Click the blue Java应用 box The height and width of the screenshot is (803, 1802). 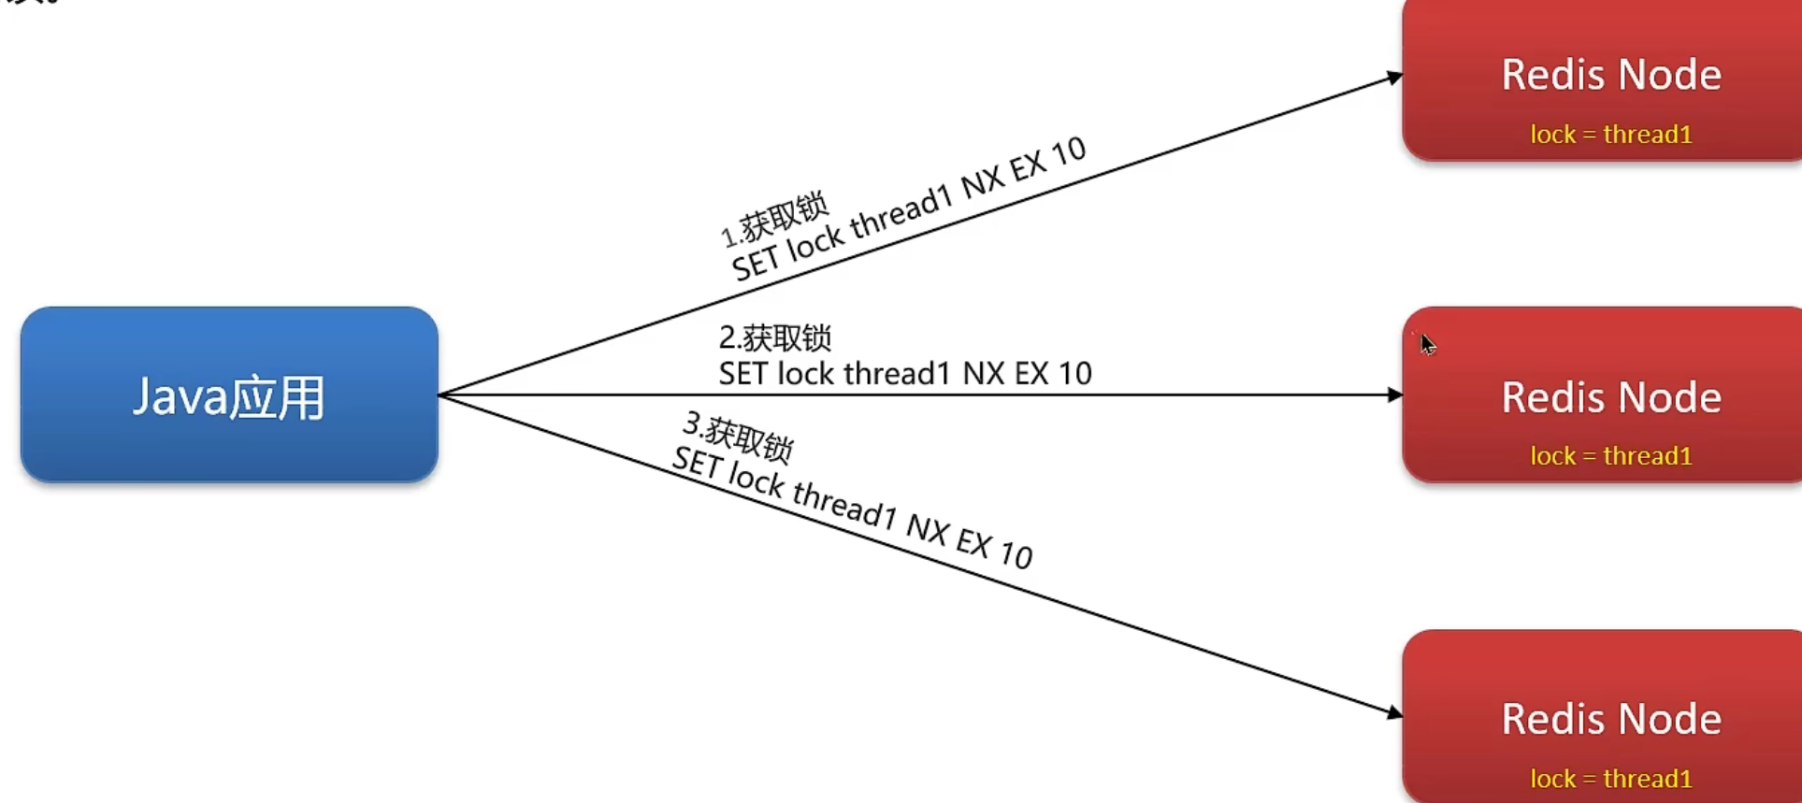point(229,394)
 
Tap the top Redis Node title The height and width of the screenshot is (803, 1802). point(1611,75)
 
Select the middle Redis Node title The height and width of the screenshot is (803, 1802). point(1611,397)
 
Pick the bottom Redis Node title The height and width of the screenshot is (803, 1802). point(1611,719)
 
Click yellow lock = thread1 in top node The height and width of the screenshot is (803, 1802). point(1611,135)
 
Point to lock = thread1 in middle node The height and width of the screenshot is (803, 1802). point(1611,456)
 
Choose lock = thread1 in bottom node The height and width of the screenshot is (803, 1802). point(1611,779)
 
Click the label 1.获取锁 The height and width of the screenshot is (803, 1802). point(774,220)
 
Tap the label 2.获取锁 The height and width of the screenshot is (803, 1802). point(774,337)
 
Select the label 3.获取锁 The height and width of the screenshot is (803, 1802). point(738,437)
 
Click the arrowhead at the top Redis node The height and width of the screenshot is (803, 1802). point(1395,77)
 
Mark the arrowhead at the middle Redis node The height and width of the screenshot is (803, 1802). point(1395,395)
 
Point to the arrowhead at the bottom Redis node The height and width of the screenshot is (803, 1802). point(1395,713)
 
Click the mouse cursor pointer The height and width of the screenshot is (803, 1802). point(1427,344)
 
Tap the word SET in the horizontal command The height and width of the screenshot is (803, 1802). point(742,374)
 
